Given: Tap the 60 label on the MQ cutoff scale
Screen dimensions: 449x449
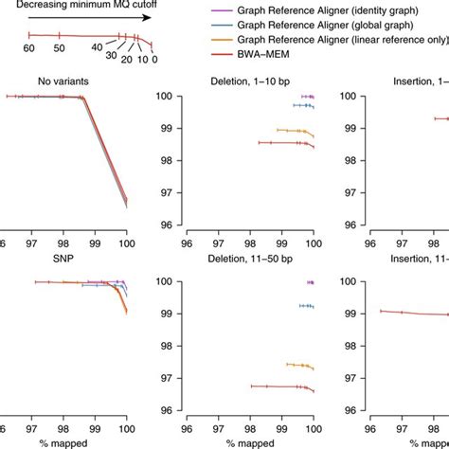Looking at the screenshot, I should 29,47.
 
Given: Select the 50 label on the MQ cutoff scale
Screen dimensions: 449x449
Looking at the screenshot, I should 59,47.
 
